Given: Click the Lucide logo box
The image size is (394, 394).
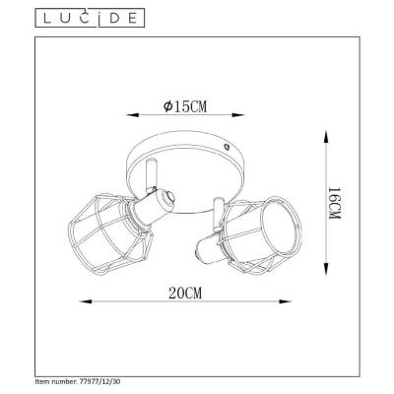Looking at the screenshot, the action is click(x=90, y=18).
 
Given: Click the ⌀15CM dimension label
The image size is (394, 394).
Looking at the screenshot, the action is click(x=185, y=106).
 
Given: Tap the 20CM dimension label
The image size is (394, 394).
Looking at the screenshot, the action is click(x=185, y=293).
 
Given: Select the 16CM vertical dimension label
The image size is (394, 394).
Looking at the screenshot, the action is click(x=335, y=204).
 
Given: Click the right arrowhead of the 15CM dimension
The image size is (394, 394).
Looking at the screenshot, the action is click(x=238, y=115).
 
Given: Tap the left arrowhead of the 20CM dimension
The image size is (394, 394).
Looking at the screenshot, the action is click(x=86, y=301).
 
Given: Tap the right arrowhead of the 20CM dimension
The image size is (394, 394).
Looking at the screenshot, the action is click(x=285, y=301).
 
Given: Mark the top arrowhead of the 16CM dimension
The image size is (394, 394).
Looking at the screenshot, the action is click(x=325, y=136).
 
